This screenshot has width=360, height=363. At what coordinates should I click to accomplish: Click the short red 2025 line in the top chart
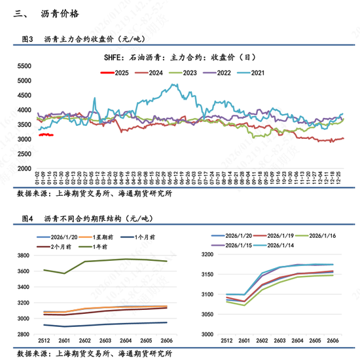tap(46, 135)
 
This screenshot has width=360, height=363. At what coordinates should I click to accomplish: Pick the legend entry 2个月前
tap(58, 246)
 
